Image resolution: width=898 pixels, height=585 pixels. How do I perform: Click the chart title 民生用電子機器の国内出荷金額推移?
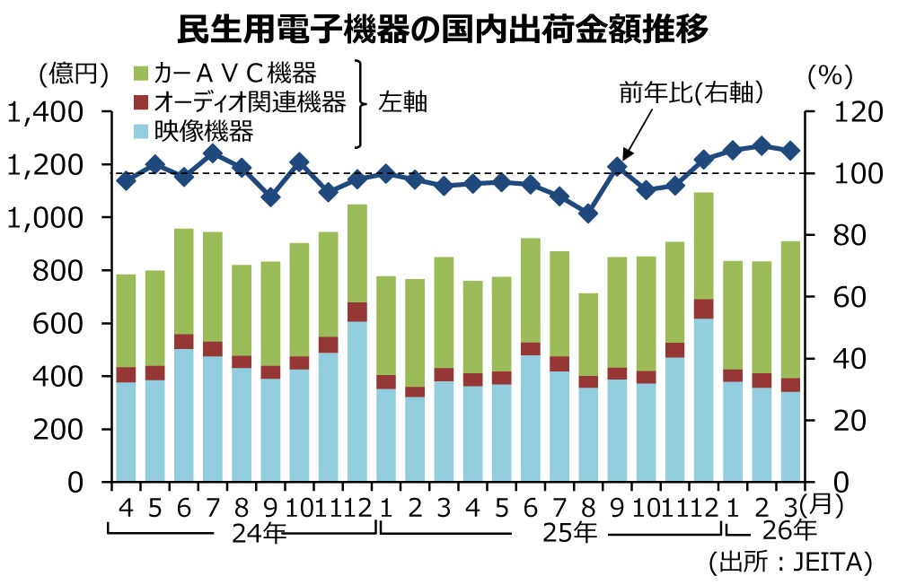click(445, 28)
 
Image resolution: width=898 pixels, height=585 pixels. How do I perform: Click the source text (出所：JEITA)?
click(790, 563)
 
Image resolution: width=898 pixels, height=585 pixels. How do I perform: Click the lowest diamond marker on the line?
click(587, 214)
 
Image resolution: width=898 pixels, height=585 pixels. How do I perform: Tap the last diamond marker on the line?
click(790, 151)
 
